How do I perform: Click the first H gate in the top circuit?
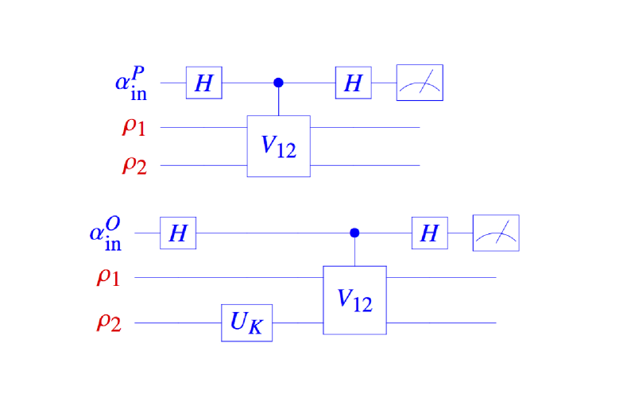point(203,83)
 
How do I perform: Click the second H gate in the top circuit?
point(353,83)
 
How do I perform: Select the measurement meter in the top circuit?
point(420,83)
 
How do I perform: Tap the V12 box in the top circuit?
point(278,145)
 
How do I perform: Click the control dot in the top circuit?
point(278,83)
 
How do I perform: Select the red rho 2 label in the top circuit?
point(134,165)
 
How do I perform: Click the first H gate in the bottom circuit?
point(178,233)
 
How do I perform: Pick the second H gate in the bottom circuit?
point(429,233)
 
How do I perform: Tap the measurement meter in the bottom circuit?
point(496,233)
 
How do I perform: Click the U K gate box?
point(246,323)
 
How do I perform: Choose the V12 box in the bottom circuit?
point(354,299)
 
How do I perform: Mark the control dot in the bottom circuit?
point(354,233)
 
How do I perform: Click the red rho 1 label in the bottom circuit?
point(108,277)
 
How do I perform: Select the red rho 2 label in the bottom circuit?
point(108,323)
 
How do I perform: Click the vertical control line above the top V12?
point(278,100)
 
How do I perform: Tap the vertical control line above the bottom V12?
point(354,251)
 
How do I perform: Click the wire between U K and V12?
point(297,323)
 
